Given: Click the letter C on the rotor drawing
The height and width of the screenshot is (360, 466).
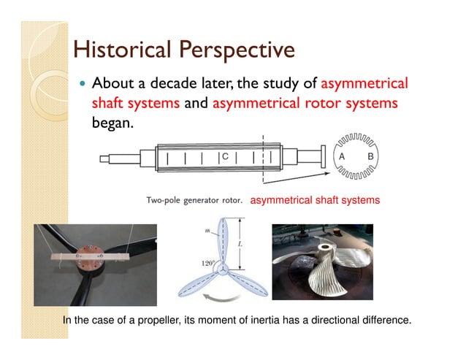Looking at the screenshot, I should [226, 157].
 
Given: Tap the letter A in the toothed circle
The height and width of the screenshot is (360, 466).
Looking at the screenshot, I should [340, 157].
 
